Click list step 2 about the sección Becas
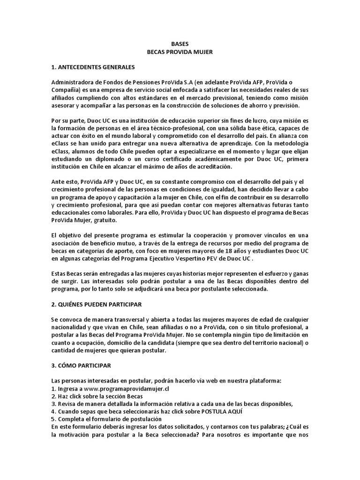click(88, 396)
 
